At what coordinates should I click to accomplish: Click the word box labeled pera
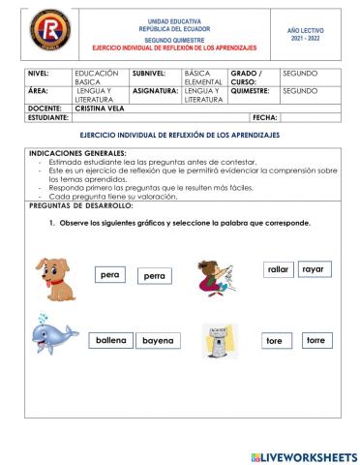pos(109,275)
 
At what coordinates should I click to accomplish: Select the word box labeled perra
pos(153,276)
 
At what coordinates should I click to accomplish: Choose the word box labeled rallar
pos(279,269)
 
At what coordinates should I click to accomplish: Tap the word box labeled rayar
pos(313,268)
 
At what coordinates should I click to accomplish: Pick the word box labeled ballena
pos(111,341)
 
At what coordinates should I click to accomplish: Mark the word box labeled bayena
pos(157,341)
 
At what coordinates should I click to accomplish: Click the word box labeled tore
pos(275,341)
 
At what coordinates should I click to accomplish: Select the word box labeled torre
pos(315,341)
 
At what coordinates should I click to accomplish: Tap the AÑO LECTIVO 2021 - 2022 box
pos(306,35)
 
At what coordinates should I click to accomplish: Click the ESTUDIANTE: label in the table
pos(49,117)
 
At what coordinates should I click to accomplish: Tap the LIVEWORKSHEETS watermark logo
pos(303,455)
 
